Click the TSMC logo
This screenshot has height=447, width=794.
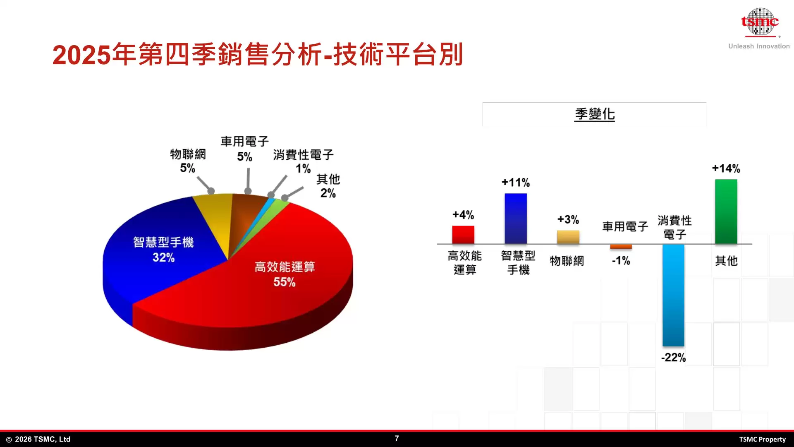760,22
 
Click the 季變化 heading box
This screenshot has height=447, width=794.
594,114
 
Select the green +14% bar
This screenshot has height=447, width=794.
726,211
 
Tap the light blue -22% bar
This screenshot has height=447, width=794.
673,295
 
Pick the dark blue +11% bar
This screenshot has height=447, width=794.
516,219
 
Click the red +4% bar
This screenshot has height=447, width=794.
463,235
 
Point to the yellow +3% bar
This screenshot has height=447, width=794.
568,237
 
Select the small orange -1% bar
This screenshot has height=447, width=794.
621,247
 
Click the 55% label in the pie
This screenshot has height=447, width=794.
285,282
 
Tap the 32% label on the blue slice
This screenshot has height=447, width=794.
164,257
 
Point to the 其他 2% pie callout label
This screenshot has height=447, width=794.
328,186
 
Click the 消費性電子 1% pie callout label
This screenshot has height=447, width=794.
303,161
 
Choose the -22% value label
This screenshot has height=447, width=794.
673,358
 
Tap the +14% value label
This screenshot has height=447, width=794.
726,168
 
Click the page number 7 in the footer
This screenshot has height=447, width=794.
397,438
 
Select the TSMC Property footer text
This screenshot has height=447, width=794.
762,439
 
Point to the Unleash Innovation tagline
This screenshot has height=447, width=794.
759,46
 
